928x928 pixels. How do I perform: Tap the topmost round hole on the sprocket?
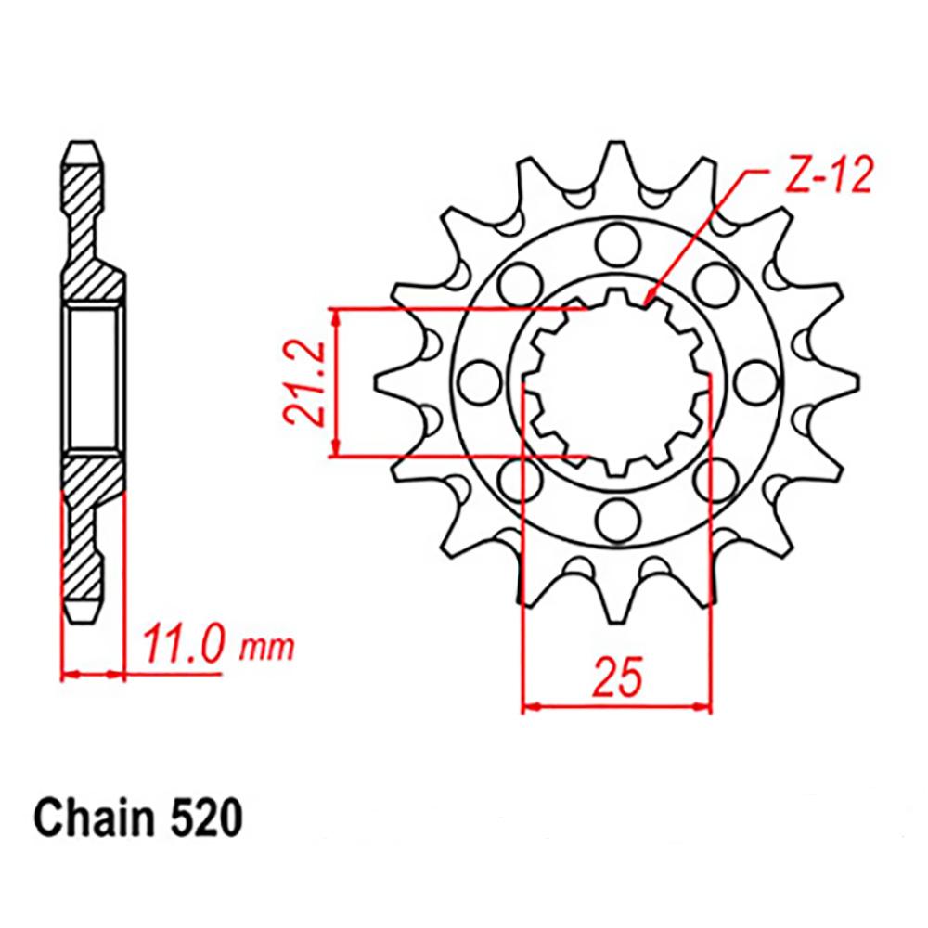(x=613, y=243)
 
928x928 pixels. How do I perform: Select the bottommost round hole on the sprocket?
(x=613, y=517)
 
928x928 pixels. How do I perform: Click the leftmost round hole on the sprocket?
(x=476, y=380)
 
